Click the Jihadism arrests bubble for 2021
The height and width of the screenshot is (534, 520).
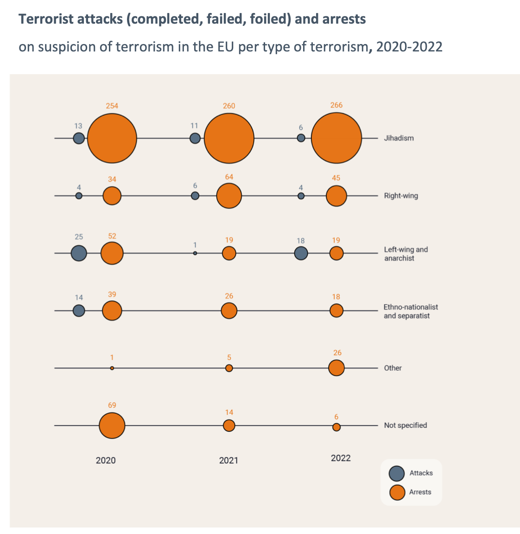point(229,138)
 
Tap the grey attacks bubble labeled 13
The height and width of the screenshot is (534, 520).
point(79,138)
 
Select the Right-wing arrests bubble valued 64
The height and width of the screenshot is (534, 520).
point(229,196)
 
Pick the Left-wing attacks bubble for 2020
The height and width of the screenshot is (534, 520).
point(79,253)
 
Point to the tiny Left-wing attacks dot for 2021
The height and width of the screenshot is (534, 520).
point(195,253)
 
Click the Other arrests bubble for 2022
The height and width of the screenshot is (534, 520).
point(336,368)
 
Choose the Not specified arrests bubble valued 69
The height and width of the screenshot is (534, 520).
point(112,426)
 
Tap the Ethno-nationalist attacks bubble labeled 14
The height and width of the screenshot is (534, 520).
point(79,311)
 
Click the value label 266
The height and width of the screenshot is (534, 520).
point(336,105)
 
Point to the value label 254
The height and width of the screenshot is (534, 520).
point(112,106)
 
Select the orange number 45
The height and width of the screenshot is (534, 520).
point(336,178)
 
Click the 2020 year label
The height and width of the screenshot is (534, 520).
point(106,460)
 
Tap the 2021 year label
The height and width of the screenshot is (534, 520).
point(228,460)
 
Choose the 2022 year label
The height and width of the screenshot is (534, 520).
point(341,458)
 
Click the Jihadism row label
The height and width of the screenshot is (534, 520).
point(399,138)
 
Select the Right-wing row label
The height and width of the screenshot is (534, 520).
point(401,196)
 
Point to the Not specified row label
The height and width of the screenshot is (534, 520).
point(406,426)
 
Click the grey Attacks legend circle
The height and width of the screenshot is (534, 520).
point(397,473)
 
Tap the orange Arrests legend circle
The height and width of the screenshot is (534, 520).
point(397,492)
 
